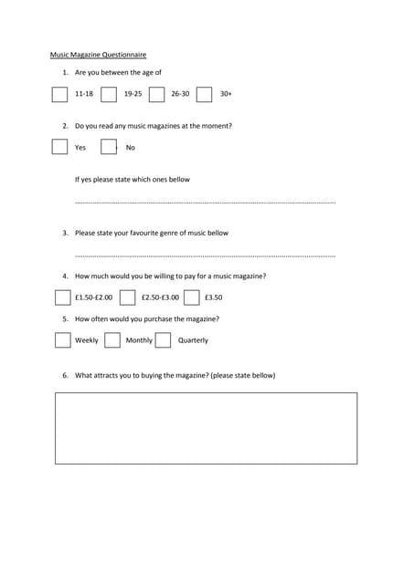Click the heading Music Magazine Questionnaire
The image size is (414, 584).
pos(98,55)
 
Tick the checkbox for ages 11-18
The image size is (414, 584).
pos(60,94)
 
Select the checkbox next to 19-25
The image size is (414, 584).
pos(109,94)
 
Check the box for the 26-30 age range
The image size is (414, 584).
pos(156,94)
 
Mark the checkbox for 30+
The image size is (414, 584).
pos(205,94)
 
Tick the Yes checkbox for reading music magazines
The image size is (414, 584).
pos(60,147)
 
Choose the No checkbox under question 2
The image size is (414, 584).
pos(109,147)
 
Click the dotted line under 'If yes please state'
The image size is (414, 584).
pos(205,202)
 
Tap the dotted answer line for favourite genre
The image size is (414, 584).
pos(205,256)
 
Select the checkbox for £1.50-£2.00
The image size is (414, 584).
pos(62,297)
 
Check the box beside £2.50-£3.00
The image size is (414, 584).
pos(128,297)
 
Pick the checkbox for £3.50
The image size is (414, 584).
pos(192,297)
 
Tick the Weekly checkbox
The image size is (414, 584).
pos(62,340)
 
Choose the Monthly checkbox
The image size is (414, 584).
pos(112,340)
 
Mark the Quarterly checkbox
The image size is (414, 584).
pos(163,340)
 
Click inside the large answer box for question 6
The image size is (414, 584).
pos(207,428)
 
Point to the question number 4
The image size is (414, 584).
pos(65,276)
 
